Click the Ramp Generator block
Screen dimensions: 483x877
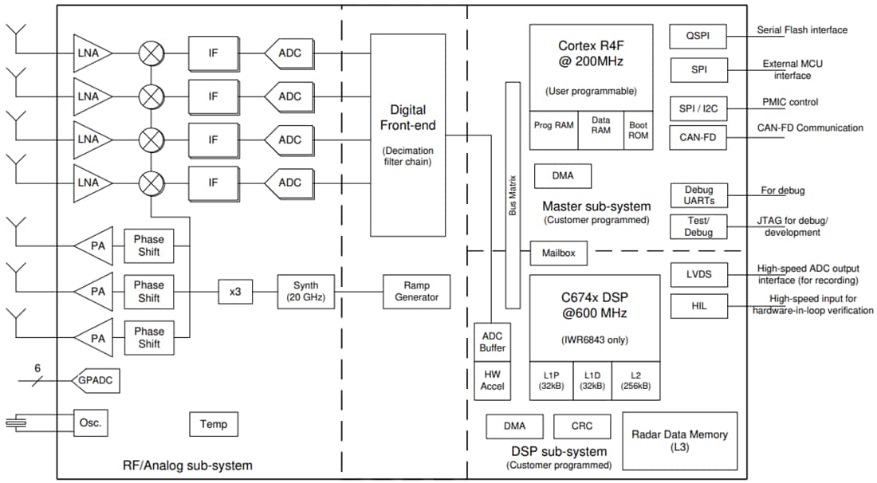pos(416,291)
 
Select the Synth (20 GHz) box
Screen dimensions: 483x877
pos(305,291)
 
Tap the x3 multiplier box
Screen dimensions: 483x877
pos(235,292)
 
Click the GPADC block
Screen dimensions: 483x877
pos(95,381)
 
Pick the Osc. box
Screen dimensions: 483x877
pos(90,422)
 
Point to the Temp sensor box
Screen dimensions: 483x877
pos(214,424)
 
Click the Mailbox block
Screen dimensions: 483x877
pos(560,253)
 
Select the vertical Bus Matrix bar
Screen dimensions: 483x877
pos(513,194)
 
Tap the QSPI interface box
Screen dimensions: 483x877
pos(698,36)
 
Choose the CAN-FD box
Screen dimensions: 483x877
pos(698,137)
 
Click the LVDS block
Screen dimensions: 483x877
pos(698,275)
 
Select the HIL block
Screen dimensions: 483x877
pos(698,307)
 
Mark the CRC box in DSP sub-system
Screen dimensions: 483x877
pos(582,426)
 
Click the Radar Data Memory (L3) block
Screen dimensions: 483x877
pos(679,440)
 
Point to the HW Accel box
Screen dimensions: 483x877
pos(493,380)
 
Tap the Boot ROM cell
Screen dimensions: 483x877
pos(639,130)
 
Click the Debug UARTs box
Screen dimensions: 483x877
pos(698,195)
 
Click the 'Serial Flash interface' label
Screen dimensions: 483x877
pos(801,30)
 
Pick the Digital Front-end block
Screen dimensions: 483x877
pos(407,135)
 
